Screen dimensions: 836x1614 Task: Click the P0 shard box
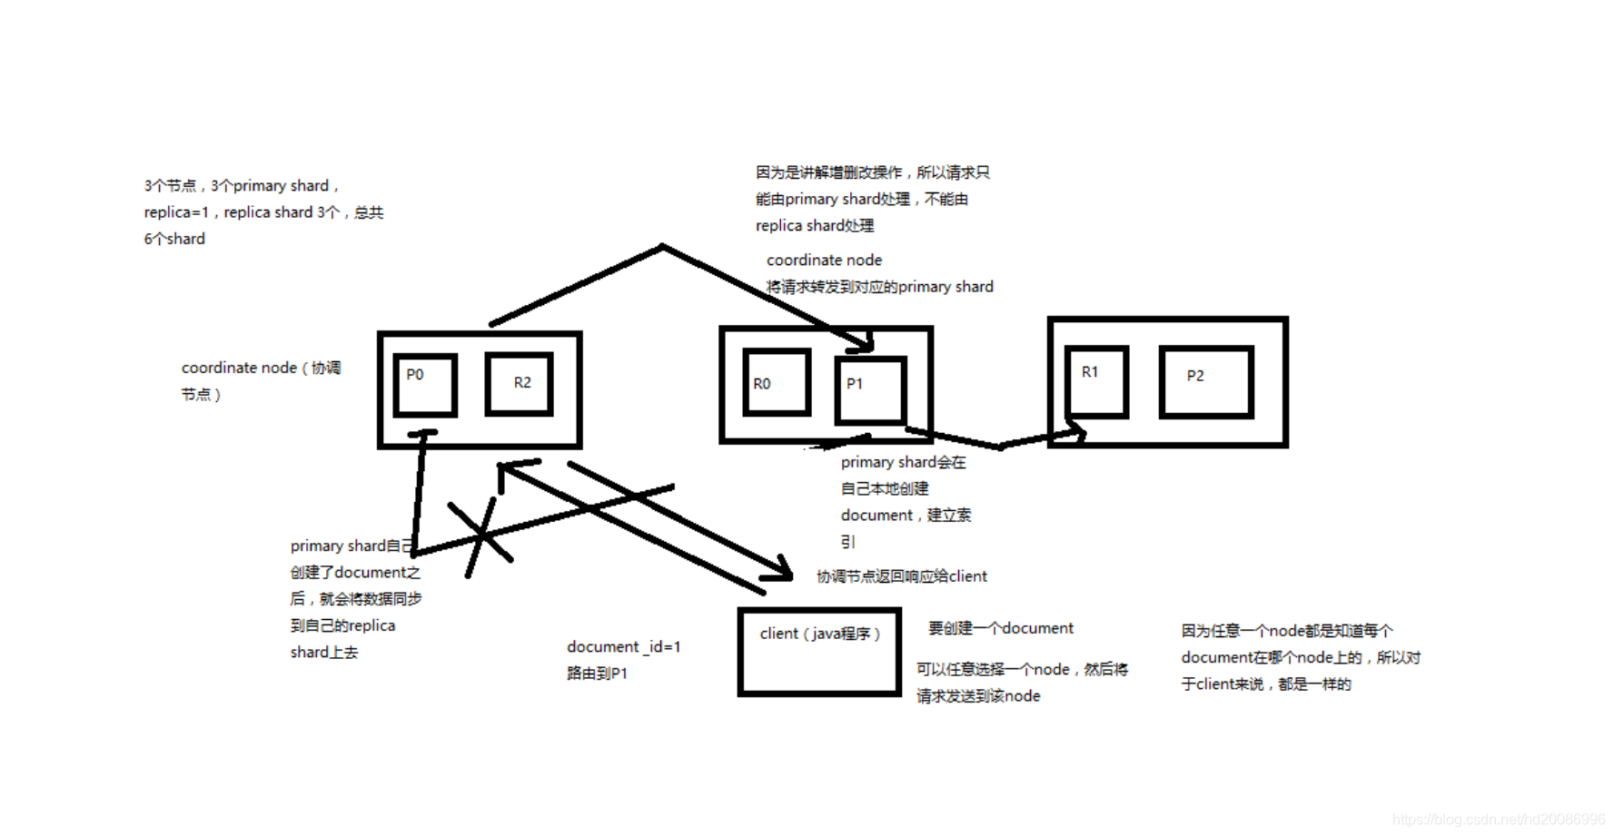coord(425,385)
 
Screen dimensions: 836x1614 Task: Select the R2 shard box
coord(520,384)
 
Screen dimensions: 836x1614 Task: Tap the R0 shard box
coord(777,383)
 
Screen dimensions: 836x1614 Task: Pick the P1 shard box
coord(870,390)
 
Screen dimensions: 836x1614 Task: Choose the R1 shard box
coord(1097,381)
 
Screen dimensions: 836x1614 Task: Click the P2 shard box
coord(1206,381)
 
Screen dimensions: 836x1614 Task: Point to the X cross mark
coord(482,536)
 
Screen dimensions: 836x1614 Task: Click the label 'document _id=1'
coord(623,646)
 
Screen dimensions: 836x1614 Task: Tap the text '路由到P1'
coord(597,674)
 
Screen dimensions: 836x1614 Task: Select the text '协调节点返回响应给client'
coord(901,576)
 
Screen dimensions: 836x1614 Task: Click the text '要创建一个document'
coord(1000,628)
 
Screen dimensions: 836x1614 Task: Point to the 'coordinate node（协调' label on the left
coord(261,368)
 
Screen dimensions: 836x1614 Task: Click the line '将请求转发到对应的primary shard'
coord(879,287)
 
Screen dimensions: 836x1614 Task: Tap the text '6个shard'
coord(174,239)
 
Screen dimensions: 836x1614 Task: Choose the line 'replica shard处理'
coord(815,225)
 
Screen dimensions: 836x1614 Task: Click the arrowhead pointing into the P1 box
coord(863,343)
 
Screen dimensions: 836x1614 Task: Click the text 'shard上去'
coord(324,653)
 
